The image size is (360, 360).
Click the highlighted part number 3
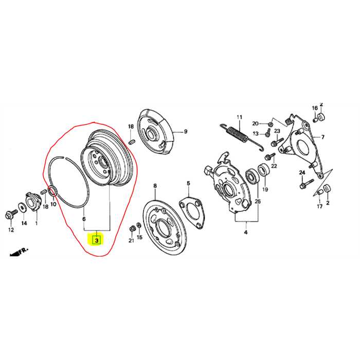pos(97,241)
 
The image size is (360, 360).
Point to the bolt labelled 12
pos(11,214)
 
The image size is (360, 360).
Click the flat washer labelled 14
pos(22,208)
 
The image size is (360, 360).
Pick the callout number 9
pos(186,132)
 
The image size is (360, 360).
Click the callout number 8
pos(155,186)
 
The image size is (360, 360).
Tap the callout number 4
pos(246,232)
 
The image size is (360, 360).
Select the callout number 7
pos(323,137)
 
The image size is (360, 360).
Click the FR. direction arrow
pos(19,252)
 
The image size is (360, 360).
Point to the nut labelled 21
pos(132,228)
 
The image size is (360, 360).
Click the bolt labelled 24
pos(307,184)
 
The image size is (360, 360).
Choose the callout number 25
pos(258,202)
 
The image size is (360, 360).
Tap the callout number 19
pos(265,189)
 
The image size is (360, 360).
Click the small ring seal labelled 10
pos(52,191)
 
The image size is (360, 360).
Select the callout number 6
pos(84,219)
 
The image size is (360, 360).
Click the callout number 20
pos(255,123)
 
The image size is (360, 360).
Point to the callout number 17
pos(319,206)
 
